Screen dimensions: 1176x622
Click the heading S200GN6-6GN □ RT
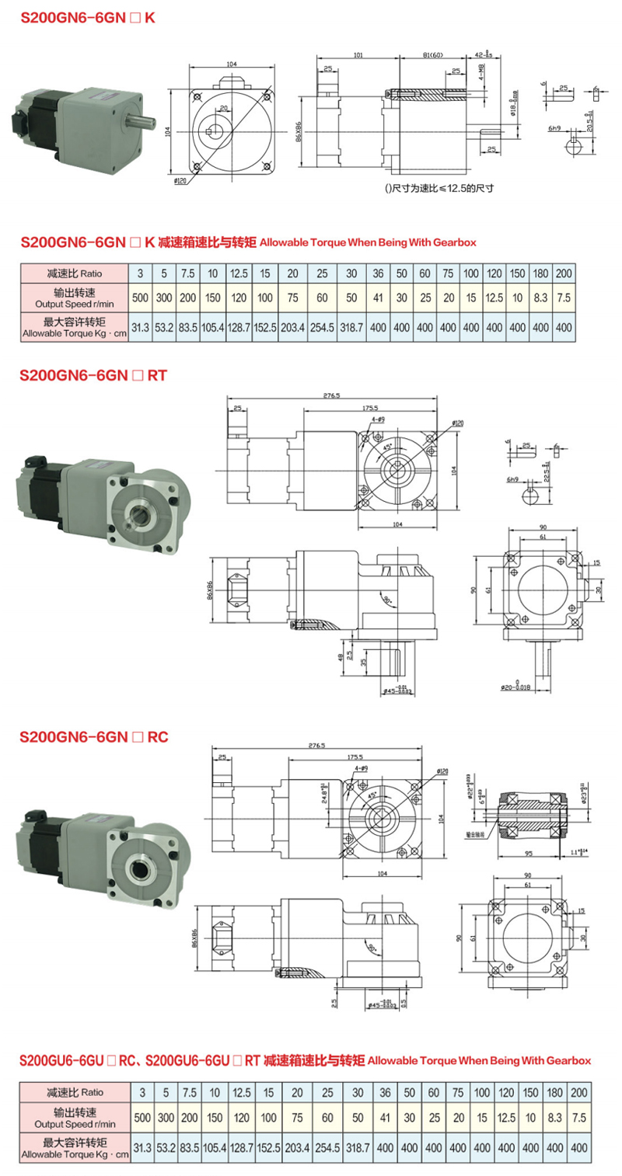93,375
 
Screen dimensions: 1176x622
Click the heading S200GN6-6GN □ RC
93,735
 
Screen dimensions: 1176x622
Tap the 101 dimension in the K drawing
358,56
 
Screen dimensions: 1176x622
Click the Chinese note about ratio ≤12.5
440,188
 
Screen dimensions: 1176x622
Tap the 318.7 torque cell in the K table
352,328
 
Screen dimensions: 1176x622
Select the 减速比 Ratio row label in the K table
75,273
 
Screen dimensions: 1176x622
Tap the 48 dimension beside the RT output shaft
340,656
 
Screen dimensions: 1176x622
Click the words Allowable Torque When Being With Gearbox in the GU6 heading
479,1059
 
